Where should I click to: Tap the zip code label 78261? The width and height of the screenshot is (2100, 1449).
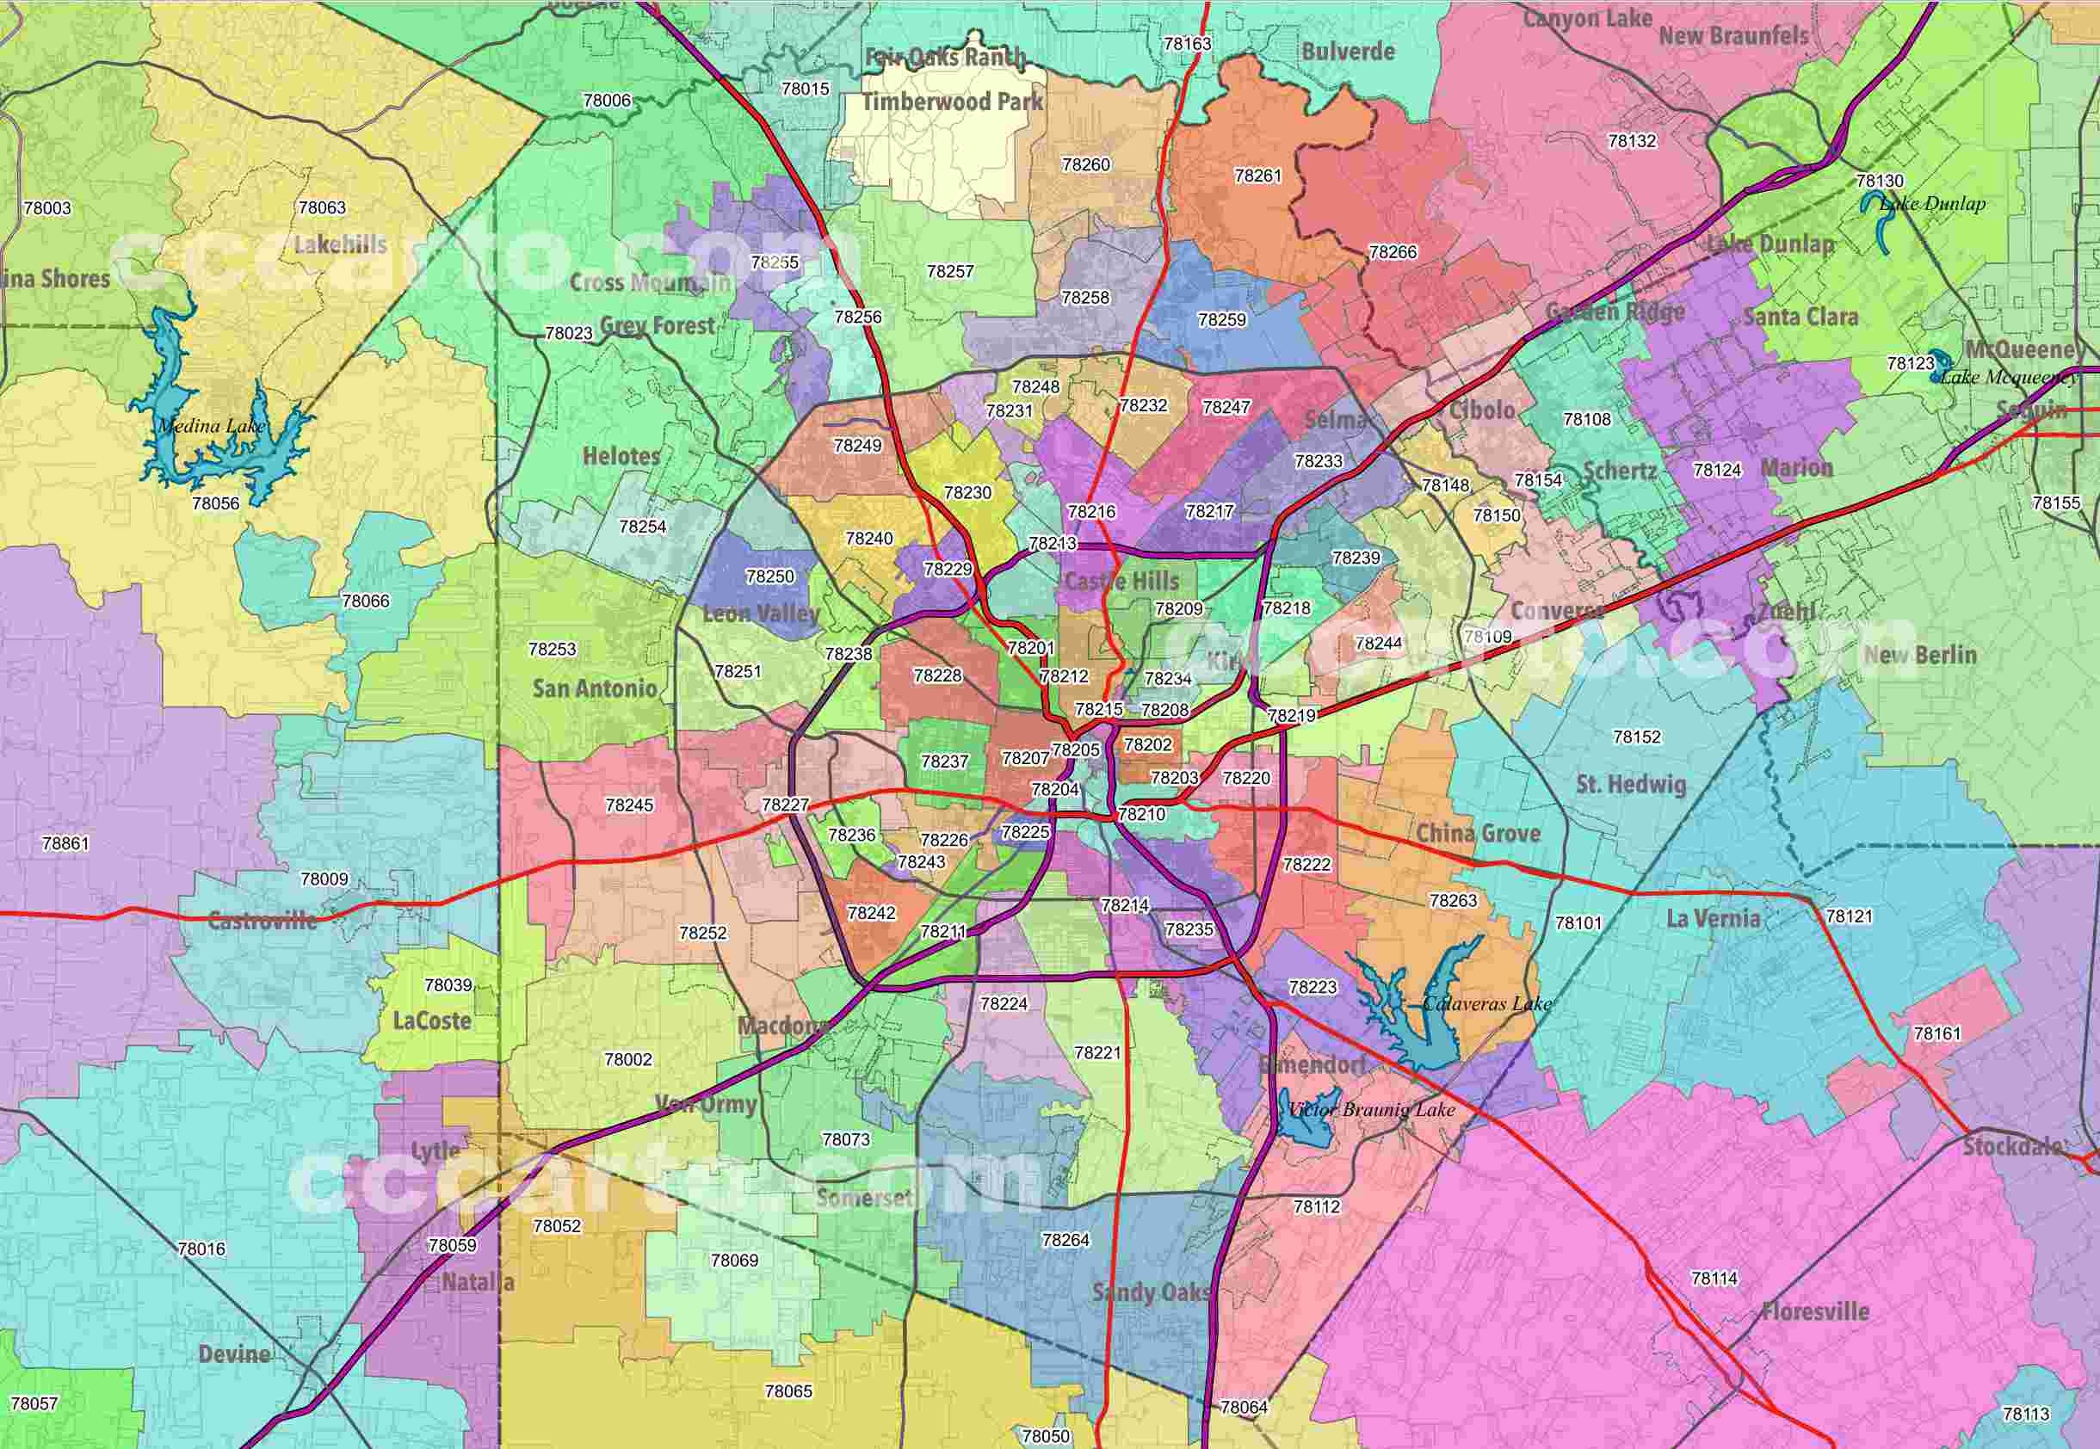coord(1257,176)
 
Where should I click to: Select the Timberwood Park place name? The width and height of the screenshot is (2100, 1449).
coord(953,102)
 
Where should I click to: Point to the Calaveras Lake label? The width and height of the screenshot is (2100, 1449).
coord(1486,1003)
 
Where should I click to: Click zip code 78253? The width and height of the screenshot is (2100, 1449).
coord(552,649)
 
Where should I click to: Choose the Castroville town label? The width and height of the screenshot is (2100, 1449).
coord(262,921)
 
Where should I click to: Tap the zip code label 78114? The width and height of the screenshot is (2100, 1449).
coord(1714,1278)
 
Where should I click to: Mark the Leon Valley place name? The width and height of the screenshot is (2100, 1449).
coord(761,614)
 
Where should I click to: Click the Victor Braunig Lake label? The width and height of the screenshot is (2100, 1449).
coord(1371,1109)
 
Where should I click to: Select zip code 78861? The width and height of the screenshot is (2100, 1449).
coord(65,843)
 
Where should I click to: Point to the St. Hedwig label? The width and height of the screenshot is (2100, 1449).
coord(1631,784)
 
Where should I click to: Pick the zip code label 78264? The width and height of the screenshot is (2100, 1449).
coord(1065,1239)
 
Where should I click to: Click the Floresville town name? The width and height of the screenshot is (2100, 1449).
coord(1815,1311)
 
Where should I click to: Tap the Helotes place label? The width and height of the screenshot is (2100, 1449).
coord(621,456)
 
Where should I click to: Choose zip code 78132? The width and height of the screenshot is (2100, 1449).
coord(1632,141)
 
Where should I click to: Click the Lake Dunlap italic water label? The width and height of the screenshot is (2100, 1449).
coord(1932,203)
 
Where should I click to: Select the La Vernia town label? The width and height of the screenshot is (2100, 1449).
coord(1713,919)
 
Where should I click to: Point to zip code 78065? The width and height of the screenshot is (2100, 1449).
coord(788,1390)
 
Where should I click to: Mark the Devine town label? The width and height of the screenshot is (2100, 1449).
coord(234,1353)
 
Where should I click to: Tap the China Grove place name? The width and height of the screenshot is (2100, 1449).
coord(1478,833)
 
